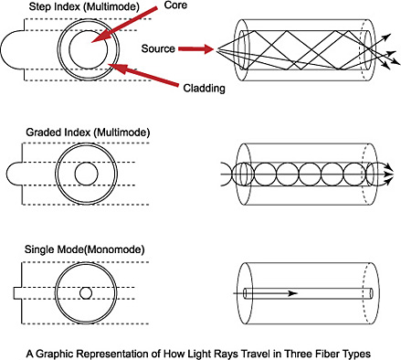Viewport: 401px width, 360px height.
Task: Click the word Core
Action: [175, 5]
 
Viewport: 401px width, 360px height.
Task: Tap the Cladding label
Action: [204, 88]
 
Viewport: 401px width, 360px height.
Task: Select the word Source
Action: [158, 48]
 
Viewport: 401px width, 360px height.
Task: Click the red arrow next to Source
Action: [196, 48]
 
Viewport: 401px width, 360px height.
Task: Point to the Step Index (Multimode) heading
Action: [84, 7]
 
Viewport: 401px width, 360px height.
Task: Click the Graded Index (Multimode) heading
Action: [88, 132]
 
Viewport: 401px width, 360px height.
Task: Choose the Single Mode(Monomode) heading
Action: [84, 249]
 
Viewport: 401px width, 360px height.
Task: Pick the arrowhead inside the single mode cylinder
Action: [292, 293]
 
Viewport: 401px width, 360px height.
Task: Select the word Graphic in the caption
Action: [55, 354]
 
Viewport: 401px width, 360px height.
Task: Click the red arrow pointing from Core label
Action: [124, 25]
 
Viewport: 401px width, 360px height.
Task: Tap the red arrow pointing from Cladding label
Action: [144, 75]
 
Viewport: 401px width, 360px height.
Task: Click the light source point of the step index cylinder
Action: [217, 49]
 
